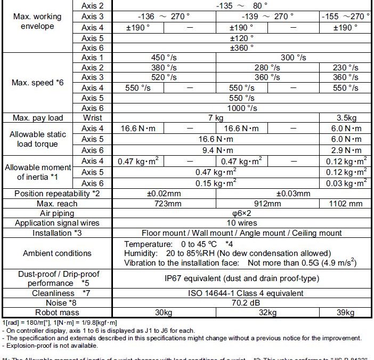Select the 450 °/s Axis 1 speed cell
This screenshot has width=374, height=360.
[164, 58]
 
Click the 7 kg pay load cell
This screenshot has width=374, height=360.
[216, 118]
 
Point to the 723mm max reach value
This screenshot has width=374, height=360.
[164, 203]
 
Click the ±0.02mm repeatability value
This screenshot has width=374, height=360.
[164, 194]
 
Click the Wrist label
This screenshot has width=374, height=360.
[93, 118]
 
